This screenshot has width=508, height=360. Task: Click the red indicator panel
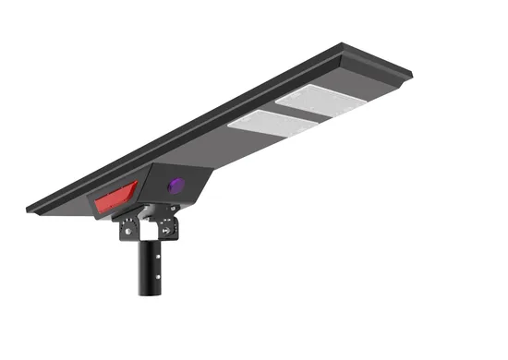[x=112, y=195]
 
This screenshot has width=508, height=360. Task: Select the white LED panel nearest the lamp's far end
[x=318, y=100]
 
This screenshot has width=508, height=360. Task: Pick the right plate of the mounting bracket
[x=167, y=226]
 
